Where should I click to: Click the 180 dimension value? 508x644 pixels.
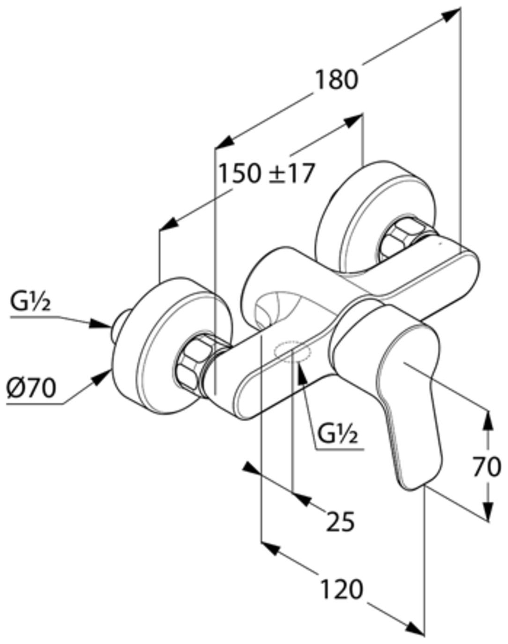[x=337, y=79]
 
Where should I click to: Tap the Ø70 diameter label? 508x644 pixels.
[x=31, y=388]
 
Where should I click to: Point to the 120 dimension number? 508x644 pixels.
[x=341, y=589]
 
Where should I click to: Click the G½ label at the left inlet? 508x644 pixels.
[x=30, y=303]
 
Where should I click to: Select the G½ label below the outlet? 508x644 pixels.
[x=338, y=434]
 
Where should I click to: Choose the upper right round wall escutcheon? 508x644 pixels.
[x=374, y=205]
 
